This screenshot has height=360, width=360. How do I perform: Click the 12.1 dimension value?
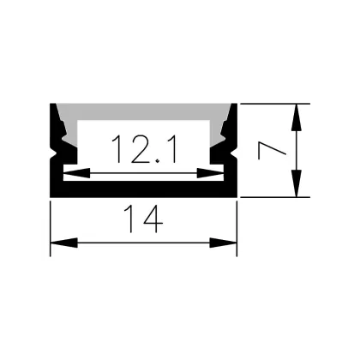pos(144,149)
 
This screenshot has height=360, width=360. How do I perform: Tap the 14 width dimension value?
pos(143,219)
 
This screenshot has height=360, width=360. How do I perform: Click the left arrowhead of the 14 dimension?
pos(64,243)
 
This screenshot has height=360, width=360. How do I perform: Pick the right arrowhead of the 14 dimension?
pos(223,243)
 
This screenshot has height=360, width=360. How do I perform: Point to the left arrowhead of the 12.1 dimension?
pos(76,173)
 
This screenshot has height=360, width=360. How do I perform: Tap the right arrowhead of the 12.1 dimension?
pos(210,173)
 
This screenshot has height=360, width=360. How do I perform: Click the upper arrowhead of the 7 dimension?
pos(297,117)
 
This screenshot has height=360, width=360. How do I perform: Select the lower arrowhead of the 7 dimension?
pos(297,183)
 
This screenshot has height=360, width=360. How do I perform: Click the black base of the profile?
pos(143,189)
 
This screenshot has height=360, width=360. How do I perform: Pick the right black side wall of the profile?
pos(231,148)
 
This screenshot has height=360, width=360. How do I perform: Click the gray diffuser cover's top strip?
pos(143,111)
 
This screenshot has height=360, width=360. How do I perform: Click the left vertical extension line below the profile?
pos(51,229)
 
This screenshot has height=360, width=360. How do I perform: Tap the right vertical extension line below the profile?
pos(237,229)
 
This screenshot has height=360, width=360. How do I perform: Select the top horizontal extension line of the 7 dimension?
pos(275,104)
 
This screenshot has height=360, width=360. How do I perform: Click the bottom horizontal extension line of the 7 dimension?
pos(275,197)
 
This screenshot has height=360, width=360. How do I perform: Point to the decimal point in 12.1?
pos(158,162)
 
